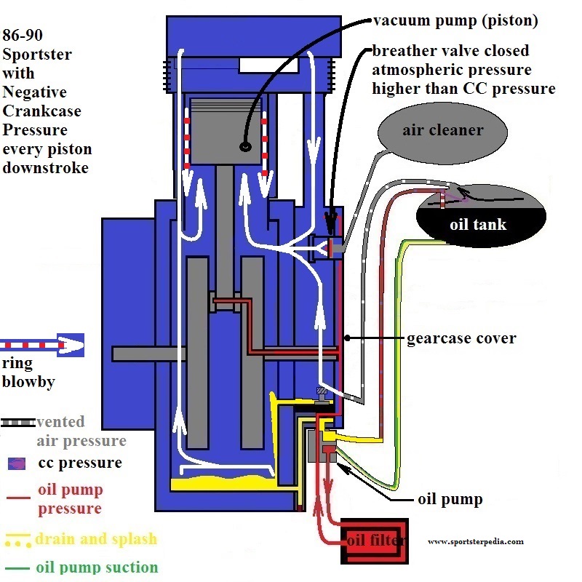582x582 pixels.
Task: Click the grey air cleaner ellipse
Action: [442, 132]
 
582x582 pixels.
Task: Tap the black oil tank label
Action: [478, 225]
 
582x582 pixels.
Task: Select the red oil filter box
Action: [375, 541]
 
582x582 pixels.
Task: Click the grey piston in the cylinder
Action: [226, 131]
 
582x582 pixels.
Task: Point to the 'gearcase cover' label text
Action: [461, 338]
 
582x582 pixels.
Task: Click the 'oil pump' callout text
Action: [450, 499]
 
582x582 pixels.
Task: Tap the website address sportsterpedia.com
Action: [476, 541]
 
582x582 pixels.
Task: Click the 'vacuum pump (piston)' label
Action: [455, 21]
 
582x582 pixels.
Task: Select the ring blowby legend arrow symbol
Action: [42, 345]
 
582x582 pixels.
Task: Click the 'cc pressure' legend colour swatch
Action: [17, 463]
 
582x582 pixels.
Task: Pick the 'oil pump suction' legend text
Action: [97, 567]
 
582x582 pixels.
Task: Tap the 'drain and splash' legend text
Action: [96, 538]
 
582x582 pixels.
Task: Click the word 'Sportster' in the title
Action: [37, 55]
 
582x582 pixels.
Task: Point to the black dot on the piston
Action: [245, 146]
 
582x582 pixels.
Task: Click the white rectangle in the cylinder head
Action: [268, 65]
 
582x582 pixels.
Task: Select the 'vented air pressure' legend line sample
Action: [18, 423]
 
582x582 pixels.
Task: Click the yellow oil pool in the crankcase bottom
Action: [223, 483]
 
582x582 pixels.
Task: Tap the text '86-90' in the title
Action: [23, 35]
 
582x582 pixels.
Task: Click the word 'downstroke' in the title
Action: [46, 168]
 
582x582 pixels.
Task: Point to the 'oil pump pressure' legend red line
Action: [18, 497]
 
